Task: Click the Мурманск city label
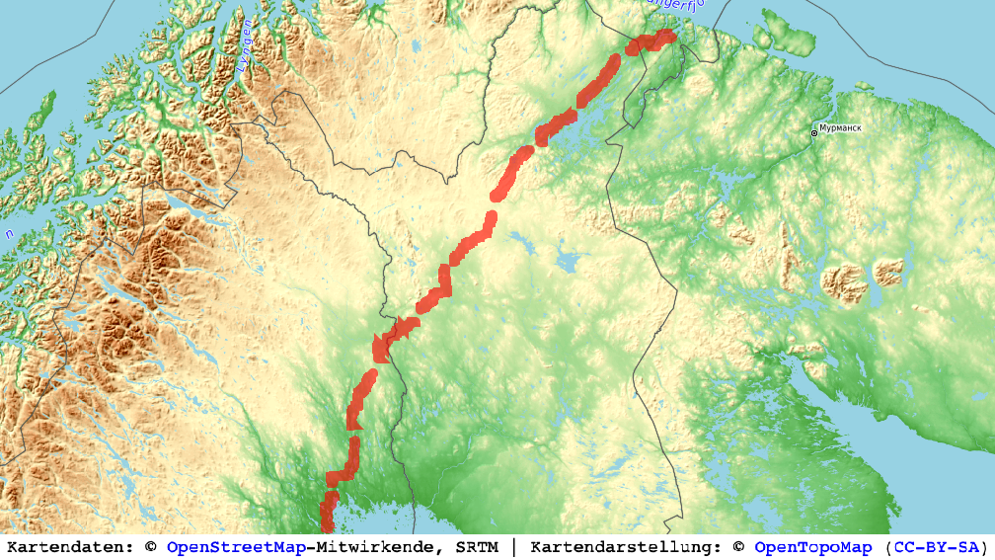tap(841, 128)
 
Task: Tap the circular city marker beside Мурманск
tap(814, 131)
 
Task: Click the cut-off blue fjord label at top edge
tap(677, 5)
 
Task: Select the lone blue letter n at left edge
tap(9, 234)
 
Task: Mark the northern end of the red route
tap(667, 36)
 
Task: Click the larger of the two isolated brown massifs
tap(845, 282)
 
